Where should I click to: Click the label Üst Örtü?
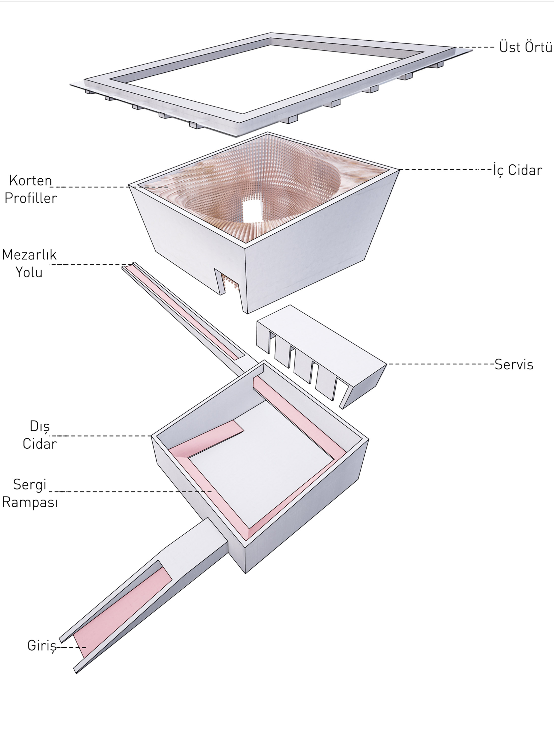525,47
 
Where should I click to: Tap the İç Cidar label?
517,170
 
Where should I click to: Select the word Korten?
30,180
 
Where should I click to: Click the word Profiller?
31,198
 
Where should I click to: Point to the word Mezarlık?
29,255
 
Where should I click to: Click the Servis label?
513,365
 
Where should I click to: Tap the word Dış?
40,426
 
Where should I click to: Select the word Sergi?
30,484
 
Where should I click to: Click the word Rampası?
30,502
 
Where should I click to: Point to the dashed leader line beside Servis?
439,364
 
